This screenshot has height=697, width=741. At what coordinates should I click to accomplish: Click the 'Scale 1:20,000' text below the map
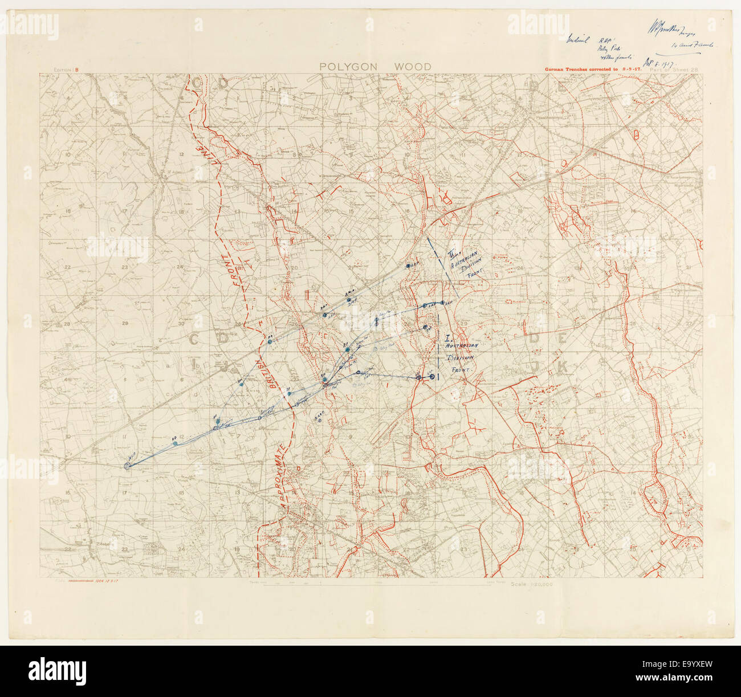tap(532, 584)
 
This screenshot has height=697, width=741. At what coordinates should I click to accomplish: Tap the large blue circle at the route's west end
tap(127, 466)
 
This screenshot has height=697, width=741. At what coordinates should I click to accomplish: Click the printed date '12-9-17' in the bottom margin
tap(124, 582)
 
